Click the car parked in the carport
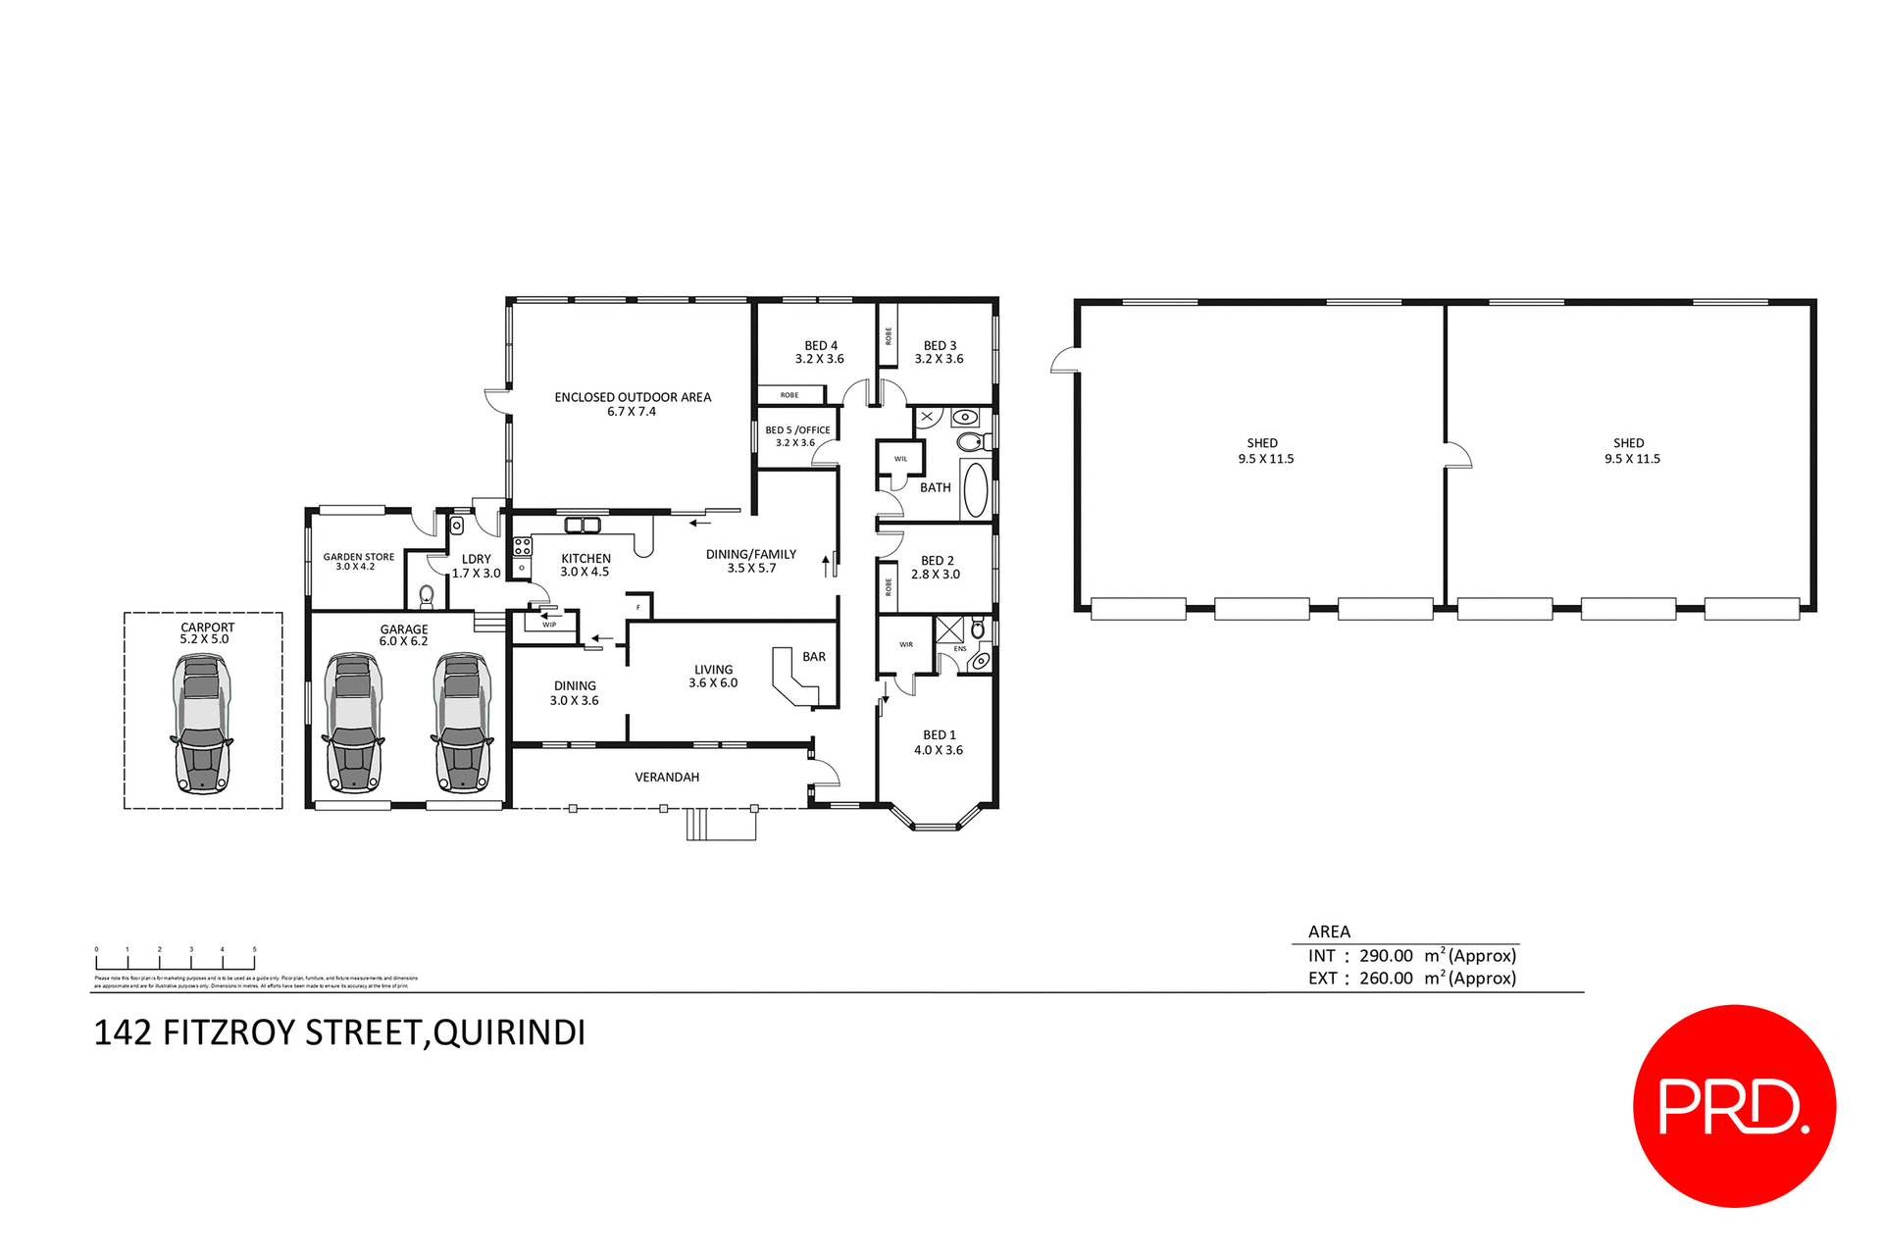point(202,723)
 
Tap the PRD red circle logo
point(1733,1105)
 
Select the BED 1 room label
point(939,734)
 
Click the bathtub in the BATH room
point(975,489)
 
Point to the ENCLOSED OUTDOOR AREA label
point(633,397)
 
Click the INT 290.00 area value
point(1385,956)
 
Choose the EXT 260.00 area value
point(1385,979)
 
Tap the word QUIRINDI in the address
point(509,1032)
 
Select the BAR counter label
point(813,657)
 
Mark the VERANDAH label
point(667,778)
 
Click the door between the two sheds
point(1456,456)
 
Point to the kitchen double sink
point(583,526)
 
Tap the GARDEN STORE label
point(359,557)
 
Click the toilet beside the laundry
point(426,594)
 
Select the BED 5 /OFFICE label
point(797,430)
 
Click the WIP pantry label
point(549,625)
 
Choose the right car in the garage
point(462,723)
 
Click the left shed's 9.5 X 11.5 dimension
point(1265,459)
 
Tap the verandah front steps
point(721,825)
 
